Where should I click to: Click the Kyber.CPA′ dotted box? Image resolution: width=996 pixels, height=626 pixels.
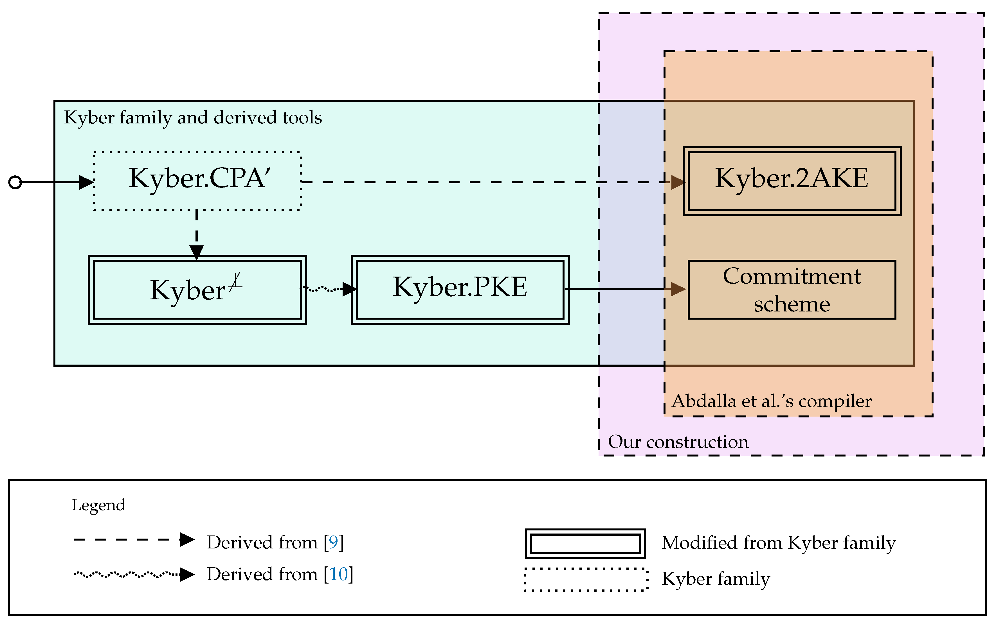pyautogui.click(x=197, y=181)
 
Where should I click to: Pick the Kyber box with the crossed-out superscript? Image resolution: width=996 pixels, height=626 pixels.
pyautogui.click(x=197, y=290)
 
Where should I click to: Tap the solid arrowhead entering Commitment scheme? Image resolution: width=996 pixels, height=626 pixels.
pyautogui.click(x=678, y=289)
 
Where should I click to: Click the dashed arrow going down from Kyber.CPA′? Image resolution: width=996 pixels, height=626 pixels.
pyautogui.click(x=196, y=234)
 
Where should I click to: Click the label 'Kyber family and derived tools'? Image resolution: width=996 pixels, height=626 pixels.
pyautogui.click(x=193, y=117)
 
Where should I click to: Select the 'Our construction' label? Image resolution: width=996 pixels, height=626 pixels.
pyautogui.click(x=678, y=442)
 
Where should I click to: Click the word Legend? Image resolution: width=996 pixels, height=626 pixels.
pyautogui.click(x=98, y=505)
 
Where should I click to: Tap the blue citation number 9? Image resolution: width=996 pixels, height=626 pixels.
pyautogui.click(x=333, y=542)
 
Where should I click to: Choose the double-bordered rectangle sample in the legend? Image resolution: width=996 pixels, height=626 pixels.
pyautogui.click(x=585, y=543)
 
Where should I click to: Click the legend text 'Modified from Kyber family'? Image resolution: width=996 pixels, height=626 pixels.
pyautogui.click(x=779, y=543)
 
